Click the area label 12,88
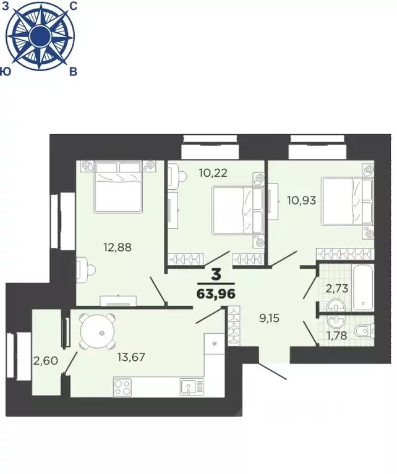[x=117, y=248]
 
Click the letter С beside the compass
[x=73, y=6]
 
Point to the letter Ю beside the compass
[x=6, y=71]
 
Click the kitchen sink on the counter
[x=192, y=387]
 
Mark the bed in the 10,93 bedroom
[x=347, y=202]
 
